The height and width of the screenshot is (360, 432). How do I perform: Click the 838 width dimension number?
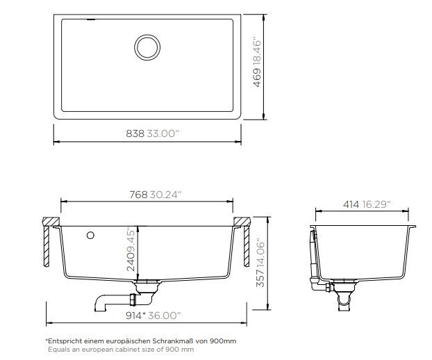[135, 133]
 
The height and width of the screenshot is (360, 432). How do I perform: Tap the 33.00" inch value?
[163, 133]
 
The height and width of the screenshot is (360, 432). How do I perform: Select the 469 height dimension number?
[258, 77]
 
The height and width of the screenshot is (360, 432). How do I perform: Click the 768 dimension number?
[139, 195]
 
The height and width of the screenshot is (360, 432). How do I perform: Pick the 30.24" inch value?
[166, 195]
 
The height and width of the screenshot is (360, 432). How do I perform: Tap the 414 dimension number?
[351, 204]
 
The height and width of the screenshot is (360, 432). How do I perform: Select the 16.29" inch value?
[376, 204]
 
